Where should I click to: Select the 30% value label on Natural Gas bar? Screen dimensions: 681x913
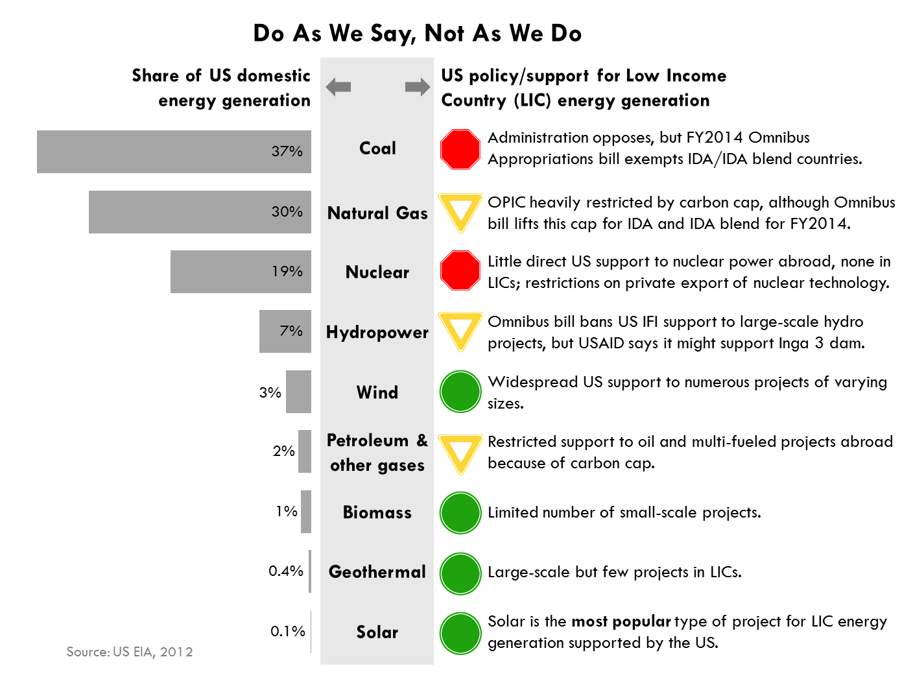[x=287, y=211]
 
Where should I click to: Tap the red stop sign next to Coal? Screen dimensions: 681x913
[x=460, y=149]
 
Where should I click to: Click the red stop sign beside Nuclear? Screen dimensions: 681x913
[x=460, y=270]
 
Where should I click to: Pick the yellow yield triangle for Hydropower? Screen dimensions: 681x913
[x=460, y=329]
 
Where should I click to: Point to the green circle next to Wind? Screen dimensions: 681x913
[x=460, y=392]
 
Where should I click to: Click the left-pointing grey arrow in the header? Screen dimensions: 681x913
[x=338, y=86]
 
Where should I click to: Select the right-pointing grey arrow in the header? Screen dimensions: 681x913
[x=417, y=86]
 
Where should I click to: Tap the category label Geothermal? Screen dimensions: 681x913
[x=377, y=571]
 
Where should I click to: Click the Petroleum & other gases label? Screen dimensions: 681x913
[x=377, y=453]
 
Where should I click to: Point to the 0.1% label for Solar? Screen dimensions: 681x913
[x=287, y=631]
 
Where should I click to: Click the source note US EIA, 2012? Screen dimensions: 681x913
[x=130, y=652]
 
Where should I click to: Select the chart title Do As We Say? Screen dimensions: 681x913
[x=417, y=33]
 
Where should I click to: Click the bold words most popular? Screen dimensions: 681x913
[x=621, y=621]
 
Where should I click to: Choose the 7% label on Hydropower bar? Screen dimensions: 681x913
[x=291, y=331]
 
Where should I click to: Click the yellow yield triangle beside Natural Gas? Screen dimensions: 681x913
[x=460, y=210]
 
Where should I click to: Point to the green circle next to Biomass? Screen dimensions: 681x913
[x=460, y=512]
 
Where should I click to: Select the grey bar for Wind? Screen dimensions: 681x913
[x=298, y=392]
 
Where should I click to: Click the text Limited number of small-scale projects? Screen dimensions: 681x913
[x=624, y=512]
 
